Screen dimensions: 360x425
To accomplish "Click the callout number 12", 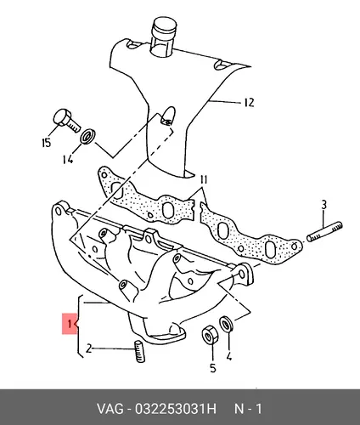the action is tap(249, 102).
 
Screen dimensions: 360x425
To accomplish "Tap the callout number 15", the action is tap(46, 143).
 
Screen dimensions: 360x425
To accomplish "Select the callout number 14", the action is tap(68, 159).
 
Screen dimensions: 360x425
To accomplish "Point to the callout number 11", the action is tap(204, 180).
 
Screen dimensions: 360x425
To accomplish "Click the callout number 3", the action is tap(323, 205).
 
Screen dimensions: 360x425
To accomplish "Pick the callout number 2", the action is tap(88, 348).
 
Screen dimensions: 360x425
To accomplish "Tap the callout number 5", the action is tap(213, 368).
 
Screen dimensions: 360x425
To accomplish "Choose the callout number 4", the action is tap(229, 356).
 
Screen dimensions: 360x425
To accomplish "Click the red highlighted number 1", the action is tap(69, 324).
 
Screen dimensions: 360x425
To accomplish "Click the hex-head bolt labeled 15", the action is tap(66, 121).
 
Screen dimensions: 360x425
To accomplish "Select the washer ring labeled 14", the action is tap(88, 136).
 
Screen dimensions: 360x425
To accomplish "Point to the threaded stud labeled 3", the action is tap(324, 232).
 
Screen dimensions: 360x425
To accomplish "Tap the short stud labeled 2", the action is tap(139, 351).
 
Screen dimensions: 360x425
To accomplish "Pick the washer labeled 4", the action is tap(227, 324).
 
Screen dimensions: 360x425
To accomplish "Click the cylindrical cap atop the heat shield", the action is tap(163, 36).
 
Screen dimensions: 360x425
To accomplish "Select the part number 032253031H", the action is tap(176, 409).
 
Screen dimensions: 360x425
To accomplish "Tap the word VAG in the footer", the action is tap(110, 409).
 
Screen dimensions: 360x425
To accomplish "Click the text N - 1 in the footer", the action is tap(248, 409).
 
